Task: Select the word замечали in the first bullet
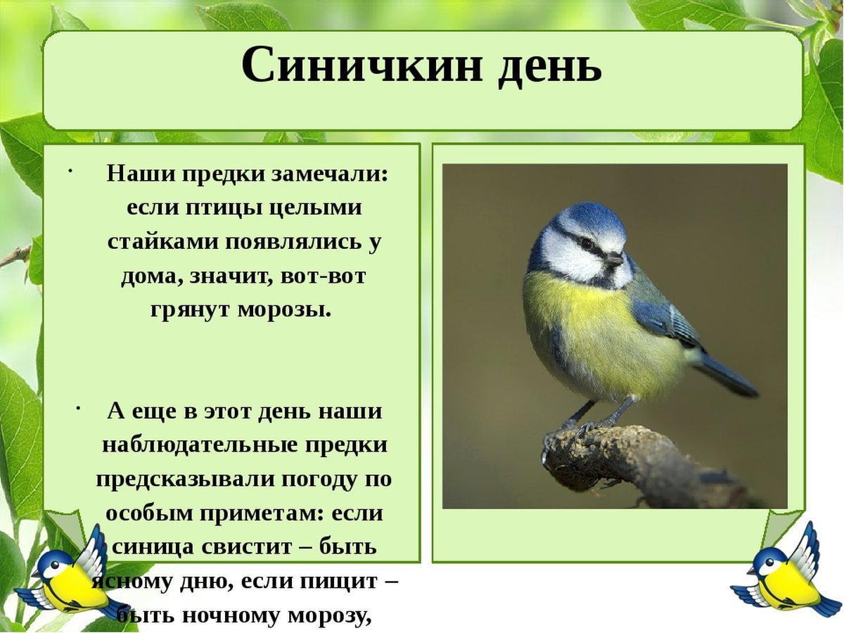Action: pos(328,174)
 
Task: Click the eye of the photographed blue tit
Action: pos(587,243)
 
